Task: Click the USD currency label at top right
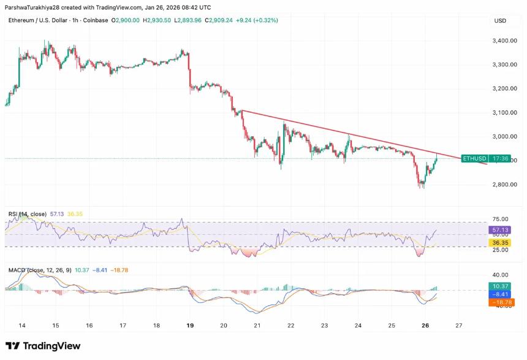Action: [499, 20]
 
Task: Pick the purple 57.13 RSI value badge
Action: [500, 229]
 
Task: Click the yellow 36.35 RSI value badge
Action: [500, 242]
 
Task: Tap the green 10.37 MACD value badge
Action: [500, 286]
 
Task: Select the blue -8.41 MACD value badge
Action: [500, 294]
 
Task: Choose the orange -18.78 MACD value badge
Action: [500, 302]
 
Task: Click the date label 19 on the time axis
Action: [190, 324]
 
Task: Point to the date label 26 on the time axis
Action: [426, 324]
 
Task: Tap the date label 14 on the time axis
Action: [22, 324]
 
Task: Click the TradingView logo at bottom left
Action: [43, 346]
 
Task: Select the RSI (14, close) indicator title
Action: [28, 213]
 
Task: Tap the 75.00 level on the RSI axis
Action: [499, 219]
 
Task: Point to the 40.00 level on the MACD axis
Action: [499, 275]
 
